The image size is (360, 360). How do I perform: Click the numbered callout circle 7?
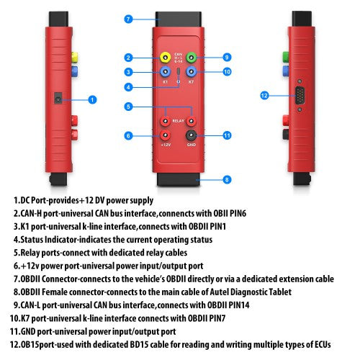[128, 19]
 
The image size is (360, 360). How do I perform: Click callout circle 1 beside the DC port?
[92, 99]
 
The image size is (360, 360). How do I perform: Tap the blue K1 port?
[166, 72]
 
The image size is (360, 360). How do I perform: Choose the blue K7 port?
[192, 72]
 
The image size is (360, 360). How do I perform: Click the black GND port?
[192, 135]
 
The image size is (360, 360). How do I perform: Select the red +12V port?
[166, 135]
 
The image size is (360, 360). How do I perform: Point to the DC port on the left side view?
[57, 98]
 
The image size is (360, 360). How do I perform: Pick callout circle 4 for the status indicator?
[128, 87]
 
